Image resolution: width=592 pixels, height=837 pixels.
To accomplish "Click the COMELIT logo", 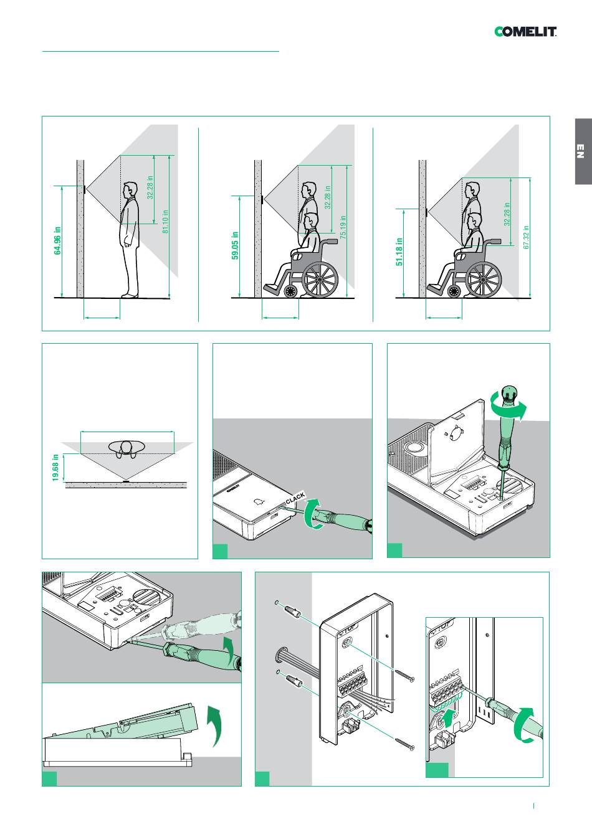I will (525, 32).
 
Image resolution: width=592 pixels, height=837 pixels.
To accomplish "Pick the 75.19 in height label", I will (343, 228).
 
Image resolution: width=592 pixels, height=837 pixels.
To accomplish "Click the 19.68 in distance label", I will (55, 467).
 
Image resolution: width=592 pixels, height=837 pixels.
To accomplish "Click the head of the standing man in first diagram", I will (130, 189).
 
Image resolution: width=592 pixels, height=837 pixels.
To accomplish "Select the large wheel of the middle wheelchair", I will (320, 280).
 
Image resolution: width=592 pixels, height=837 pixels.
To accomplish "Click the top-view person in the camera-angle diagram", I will (127, 448).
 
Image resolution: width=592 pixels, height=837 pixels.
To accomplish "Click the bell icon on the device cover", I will (259, 501).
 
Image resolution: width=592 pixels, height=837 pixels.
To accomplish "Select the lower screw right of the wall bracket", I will (406, 743).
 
